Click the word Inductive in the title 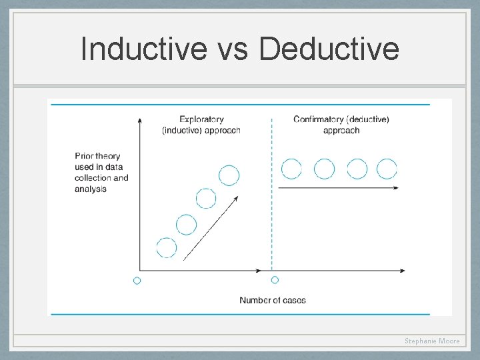(x=143, y=49)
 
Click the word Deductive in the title (x=329, y=49)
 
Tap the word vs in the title (x=233, y=50)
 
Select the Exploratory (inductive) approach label (x=201, y=125)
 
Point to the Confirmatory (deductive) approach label (x=341, y=125)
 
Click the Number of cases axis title (x=273, y=300)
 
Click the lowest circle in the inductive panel (x=167, y=247)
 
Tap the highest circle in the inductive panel (x=229, y=175)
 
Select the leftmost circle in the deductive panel (x=291, y=169)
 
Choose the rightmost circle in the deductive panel (x=387, y=169)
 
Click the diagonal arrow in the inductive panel (x=210, y=227)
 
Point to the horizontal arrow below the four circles (x=338, y=188)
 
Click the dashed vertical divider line (x=272, y=200)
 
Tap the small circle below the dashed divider (x=275, y=280)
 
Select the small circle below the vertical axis (x=137, y=281)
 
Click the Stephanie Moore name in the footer (x=432, y=341)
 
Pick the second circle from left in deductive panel (x=324, y=169)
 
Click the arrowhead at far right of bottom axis (x=402, y=270)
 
